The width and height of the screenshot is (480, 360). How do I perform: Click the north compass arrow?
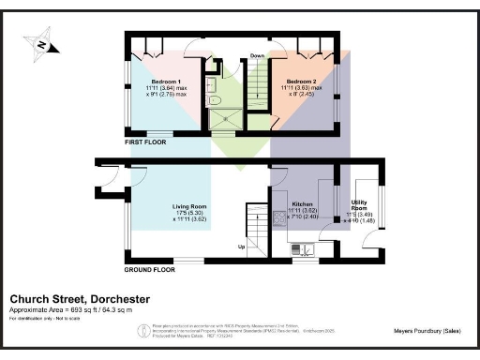(41, 43)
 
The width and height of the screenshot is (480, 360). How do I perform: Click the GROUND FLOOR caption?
(151, 269)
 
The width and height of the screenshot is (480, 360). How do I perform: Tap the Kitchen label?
(302, 203)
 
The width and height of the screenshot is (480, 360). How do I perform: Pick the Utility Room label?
(360, 202)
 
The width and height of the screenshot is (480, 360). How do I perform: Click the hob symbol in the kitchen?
(277, 218)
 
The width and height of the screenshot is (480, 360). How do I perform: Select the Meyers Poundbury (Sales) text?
(425, 330)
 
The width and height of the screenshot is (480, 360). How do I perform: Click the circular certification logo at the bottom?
(142, 330)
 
